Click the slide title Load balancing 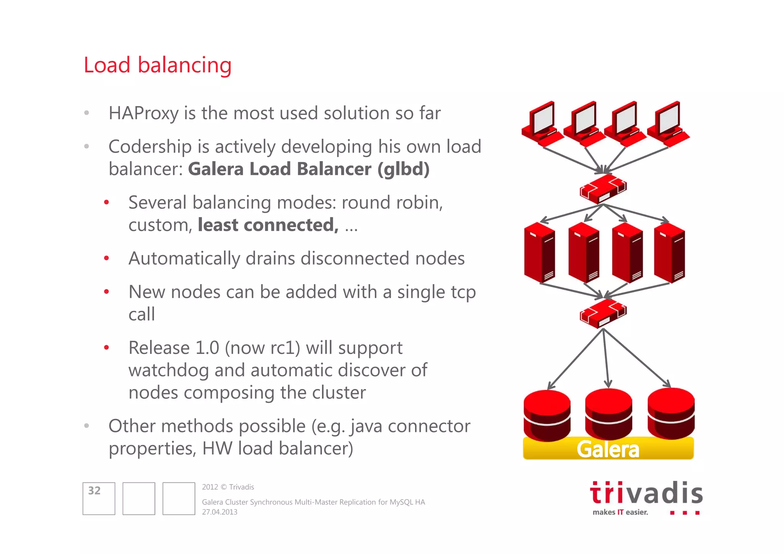(x=157, y=65)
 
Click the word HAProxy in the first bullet (x=144, y=113)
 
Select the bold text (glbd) (x=403, y=169)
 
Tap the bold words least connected (x=268, y=225)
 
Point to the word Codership (x=150, y=147)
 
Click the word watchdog (x=168, y=370)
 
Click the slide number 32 (x=95, y=491)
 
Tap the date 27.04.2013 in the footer (x=220, y=512)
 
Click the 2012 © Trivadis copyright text (x=228, y=487)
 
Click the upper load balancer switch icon (x=603, y=189)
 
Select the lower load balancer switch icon (x=603, y=313)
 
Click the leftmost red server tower (x=539, y=253)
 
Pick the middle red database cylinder (x=608, y=413)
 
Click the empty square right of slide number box (x=139, y=498)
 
